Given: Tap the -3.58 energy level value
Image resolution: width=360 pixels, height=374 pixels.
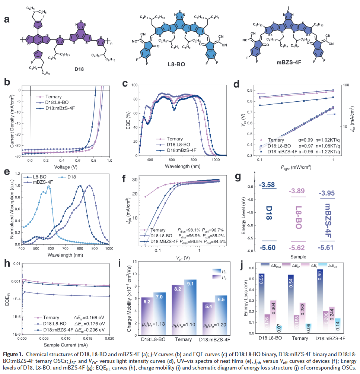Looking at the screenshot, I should (268, 184).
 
